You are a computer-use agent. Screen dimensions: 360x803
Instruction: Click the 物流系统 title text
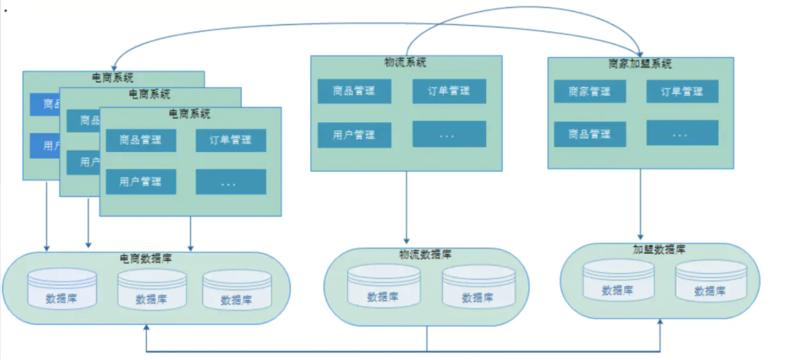pos(405,63)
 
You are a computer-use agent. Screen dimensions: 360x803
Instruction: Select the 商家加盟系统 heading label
pos(640,64)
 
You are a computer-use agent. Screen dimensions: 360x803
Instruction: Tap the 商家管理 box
pos(590,91)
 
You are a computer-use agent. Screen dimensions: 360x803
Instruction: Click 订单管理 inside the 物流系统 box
pos(449,91)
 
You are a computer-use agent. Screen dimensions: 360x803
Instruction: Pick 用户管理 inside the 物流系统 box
pos(354,135)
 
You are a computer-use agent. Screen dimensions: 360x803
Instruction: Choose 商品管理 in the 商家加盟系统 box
pos(590,134)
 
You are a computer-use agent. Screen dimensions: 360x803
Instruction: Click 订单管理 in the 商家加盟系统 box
pos(682,91)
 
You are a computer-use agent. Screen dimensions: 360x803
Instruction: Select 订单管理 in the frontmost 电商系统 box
pos(231,140)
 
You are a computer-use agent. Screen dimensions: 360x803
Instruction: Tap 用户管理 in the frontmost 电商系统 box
pos(141,182)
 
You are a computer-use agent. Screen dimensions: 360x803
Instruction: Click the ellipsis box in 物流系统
pos(449,135)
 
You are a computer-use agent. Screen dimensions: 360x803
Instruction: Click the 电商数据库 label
pos(145,259)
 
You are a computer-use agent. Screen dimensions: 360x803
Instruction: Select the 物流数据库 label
pos(425,254)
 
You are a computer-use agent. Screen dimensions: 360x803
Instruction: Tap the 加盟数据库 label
pos(659,250)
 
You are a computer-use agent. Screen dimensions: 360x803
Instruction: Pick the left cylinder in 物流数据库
pos(383,287)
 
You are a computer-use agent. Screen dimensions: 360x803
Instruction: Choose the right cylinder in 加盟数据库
pos(710,281)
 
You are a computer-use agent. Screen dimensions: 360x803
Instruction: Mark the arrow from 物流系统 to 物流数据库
pos(406,207)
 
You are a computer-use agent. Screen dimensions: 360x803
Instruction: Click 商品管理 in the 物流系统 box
pos(354,91)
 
